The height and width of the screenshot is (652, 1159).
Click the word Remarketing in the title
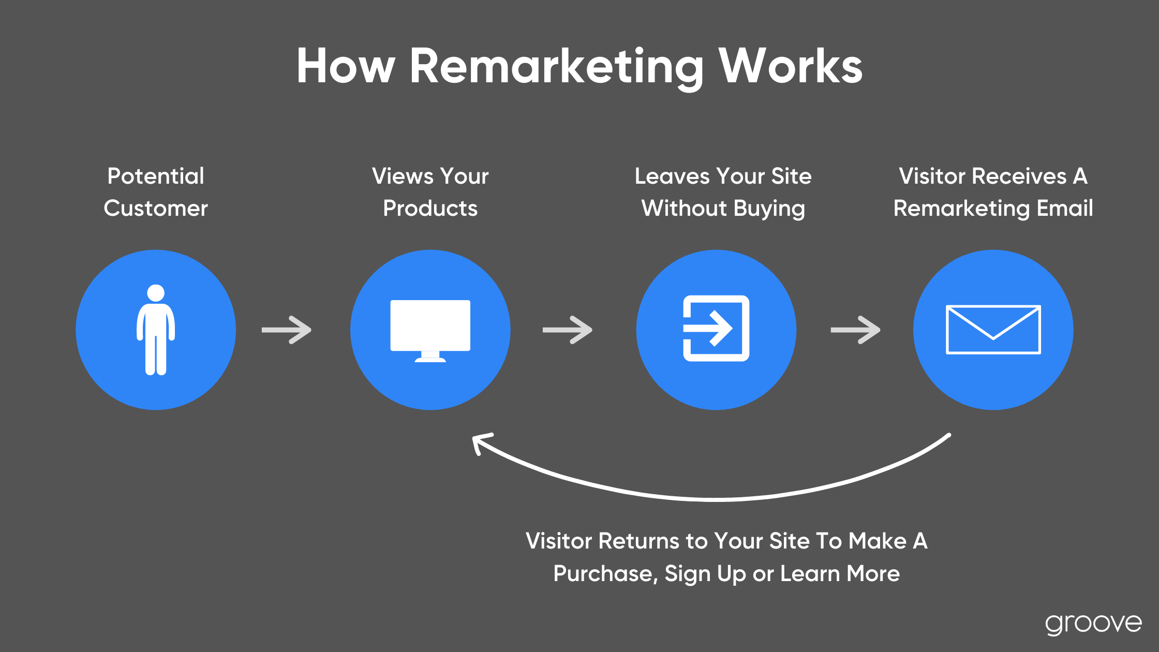point(557,67)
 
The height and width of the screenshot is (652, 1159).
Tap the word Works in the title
point(791,66)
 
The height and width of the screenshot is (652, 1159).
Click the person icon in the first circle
point(156,330)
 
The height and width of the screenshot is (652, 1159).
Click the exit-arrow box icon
point(716,328)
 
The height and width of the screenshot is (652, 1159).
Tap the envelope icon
point(993,330)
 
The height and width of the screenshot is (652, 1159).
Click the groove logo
point(1093,624)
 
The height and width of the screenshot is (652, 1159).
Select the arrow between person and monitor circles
point(286,330)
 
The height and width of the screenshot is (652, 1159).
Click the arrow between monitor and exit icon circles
point(567,330)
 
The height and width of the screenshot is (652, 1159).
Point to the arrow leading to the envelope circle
point(855,330)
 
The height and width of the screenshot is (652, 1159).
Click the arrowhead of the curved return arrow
point(480,443)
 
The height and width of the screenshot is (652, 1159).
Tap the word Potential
point(156,176)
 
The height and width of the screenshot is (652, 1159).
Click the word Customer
point(156,208)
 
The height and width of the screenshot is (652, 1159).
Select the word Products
point(430,208)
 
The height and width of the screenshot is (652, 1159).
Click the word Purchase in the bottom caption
point(605,574)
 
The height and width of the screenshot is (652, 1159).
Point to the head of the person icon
point(156,293)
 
